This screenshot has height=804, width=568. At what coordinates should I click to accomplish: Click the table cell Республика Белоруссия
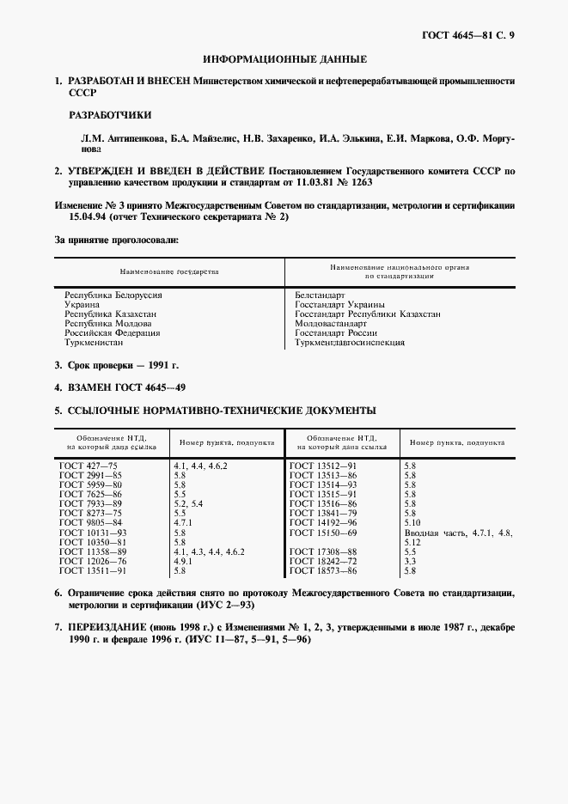[113, 295]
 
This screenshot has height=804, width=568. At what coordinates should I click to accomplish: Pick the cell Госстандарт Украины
[339, 304]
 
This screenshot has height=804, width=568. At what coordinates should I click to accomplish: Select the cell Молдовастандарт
[330, 323]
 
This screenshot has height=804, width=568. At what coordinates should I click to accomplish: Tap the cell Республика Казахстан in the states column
[110, 314]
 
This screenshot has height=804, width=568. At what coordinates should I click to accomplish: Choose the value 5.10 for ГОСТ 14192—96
[412, 522]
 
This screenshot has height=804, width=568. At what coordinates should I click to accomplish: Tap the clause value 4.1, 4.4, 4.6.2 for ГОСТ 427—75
[200, 465]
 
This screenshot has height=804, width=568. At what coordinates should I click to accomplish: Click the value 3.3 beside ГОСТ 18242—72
[410, 561]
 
